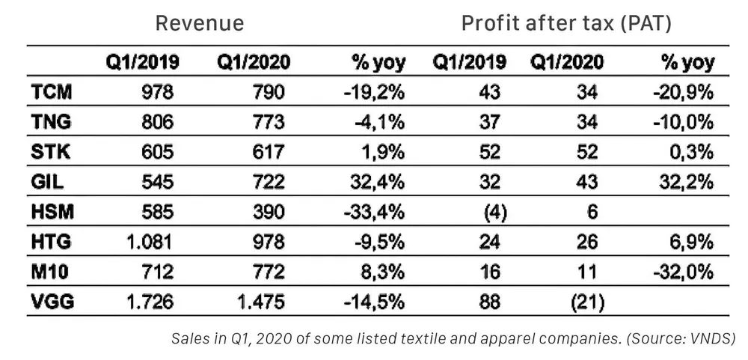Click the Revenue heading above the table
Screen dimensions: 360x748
tap(199, 23)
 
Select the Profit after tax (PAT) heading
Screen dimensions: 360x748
tap(566, 23)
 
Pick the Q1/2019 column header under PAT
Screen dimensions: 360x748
tap(469, 62)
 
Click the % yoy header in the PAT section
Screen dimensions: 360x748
tap(687, 62)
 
